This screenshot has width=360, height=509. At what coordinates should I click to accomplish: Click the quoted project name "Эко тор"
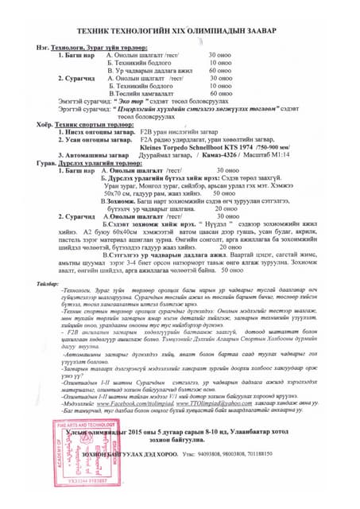click(110, 103)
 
